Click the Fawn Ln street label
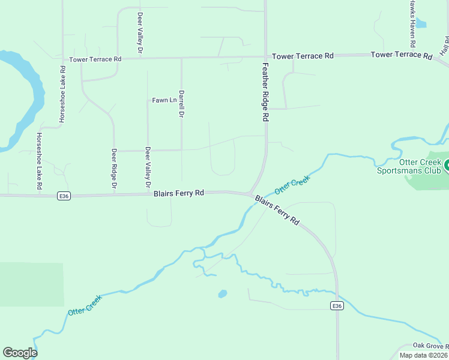pyautogui.click(x=164, y=100)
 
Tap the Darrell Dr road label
pyautogui.click(x=181, y=104)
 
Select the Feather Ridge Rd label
pyautogui.click(x=265, y=92)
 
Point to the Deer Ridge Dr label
pyautogui.click(x=113, y=171)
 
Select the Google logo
pyautogui.click(x=20, y=353)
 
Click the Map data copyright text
pyautogui.click(x=423, y=355)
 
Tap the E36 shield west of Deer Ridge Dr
pyautogui.click(x=64, y=196)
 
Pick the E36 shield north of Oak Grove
pyautogui.click(x=337, y=306)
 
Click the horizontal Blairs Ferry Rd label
pyautogui.click(x=179, y=193)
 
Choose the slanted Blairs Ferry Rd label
pyautogui.click(x=277, y=209)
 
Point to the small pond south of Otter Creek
pyautogui.click(x=222, y=294)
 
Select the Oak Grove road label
pyautogui.click(x=430, y=346)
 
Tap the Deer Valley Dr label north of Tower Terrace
pyautogui.click(x=140, y=26)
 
